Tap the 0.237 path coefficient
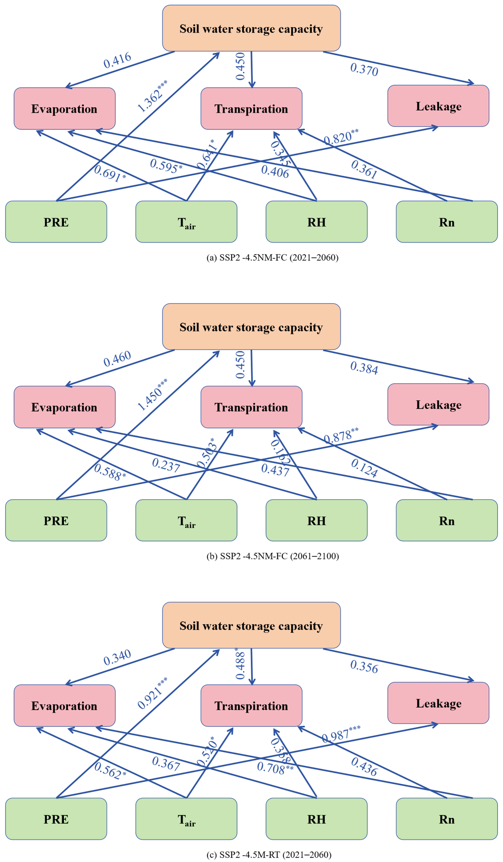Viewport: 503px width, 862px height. point(166,465)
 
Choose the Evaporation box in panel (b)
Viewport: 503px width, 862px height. point(64,407)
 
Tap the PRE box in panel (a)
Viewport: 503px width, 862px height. point(56,222)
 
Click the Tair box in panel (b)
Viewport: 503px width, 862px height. point(186,521)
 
